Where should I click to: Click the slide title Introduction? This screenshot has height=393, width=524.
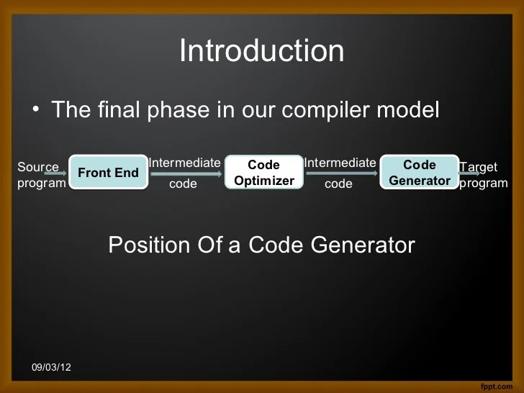point(261,51)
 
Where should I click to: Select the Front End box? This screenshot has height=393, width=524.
point(108,173)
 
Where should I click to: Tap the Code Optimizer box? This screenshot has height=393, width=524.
point(264,173)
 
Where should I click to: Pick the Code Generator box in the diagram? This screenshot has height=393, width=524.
point(420,173)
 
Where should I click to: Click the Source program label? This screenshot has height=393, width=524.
point(40,175)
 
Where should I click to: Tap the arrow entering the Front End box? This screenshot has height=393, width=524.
point(56,173)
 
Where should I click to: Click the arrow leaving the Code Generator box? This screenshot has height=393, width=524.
point(469,173)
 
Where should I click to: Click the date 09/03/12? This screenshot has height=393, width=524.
point(51,368)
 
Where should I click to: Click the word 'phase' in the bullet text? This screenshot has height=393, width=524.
point(173,110)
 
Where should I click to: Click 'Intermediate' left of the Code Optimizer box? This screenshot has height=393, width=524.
point(184,163)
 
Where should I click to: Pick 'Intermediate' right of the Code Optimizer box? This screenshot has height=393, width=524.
point(340,163)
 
